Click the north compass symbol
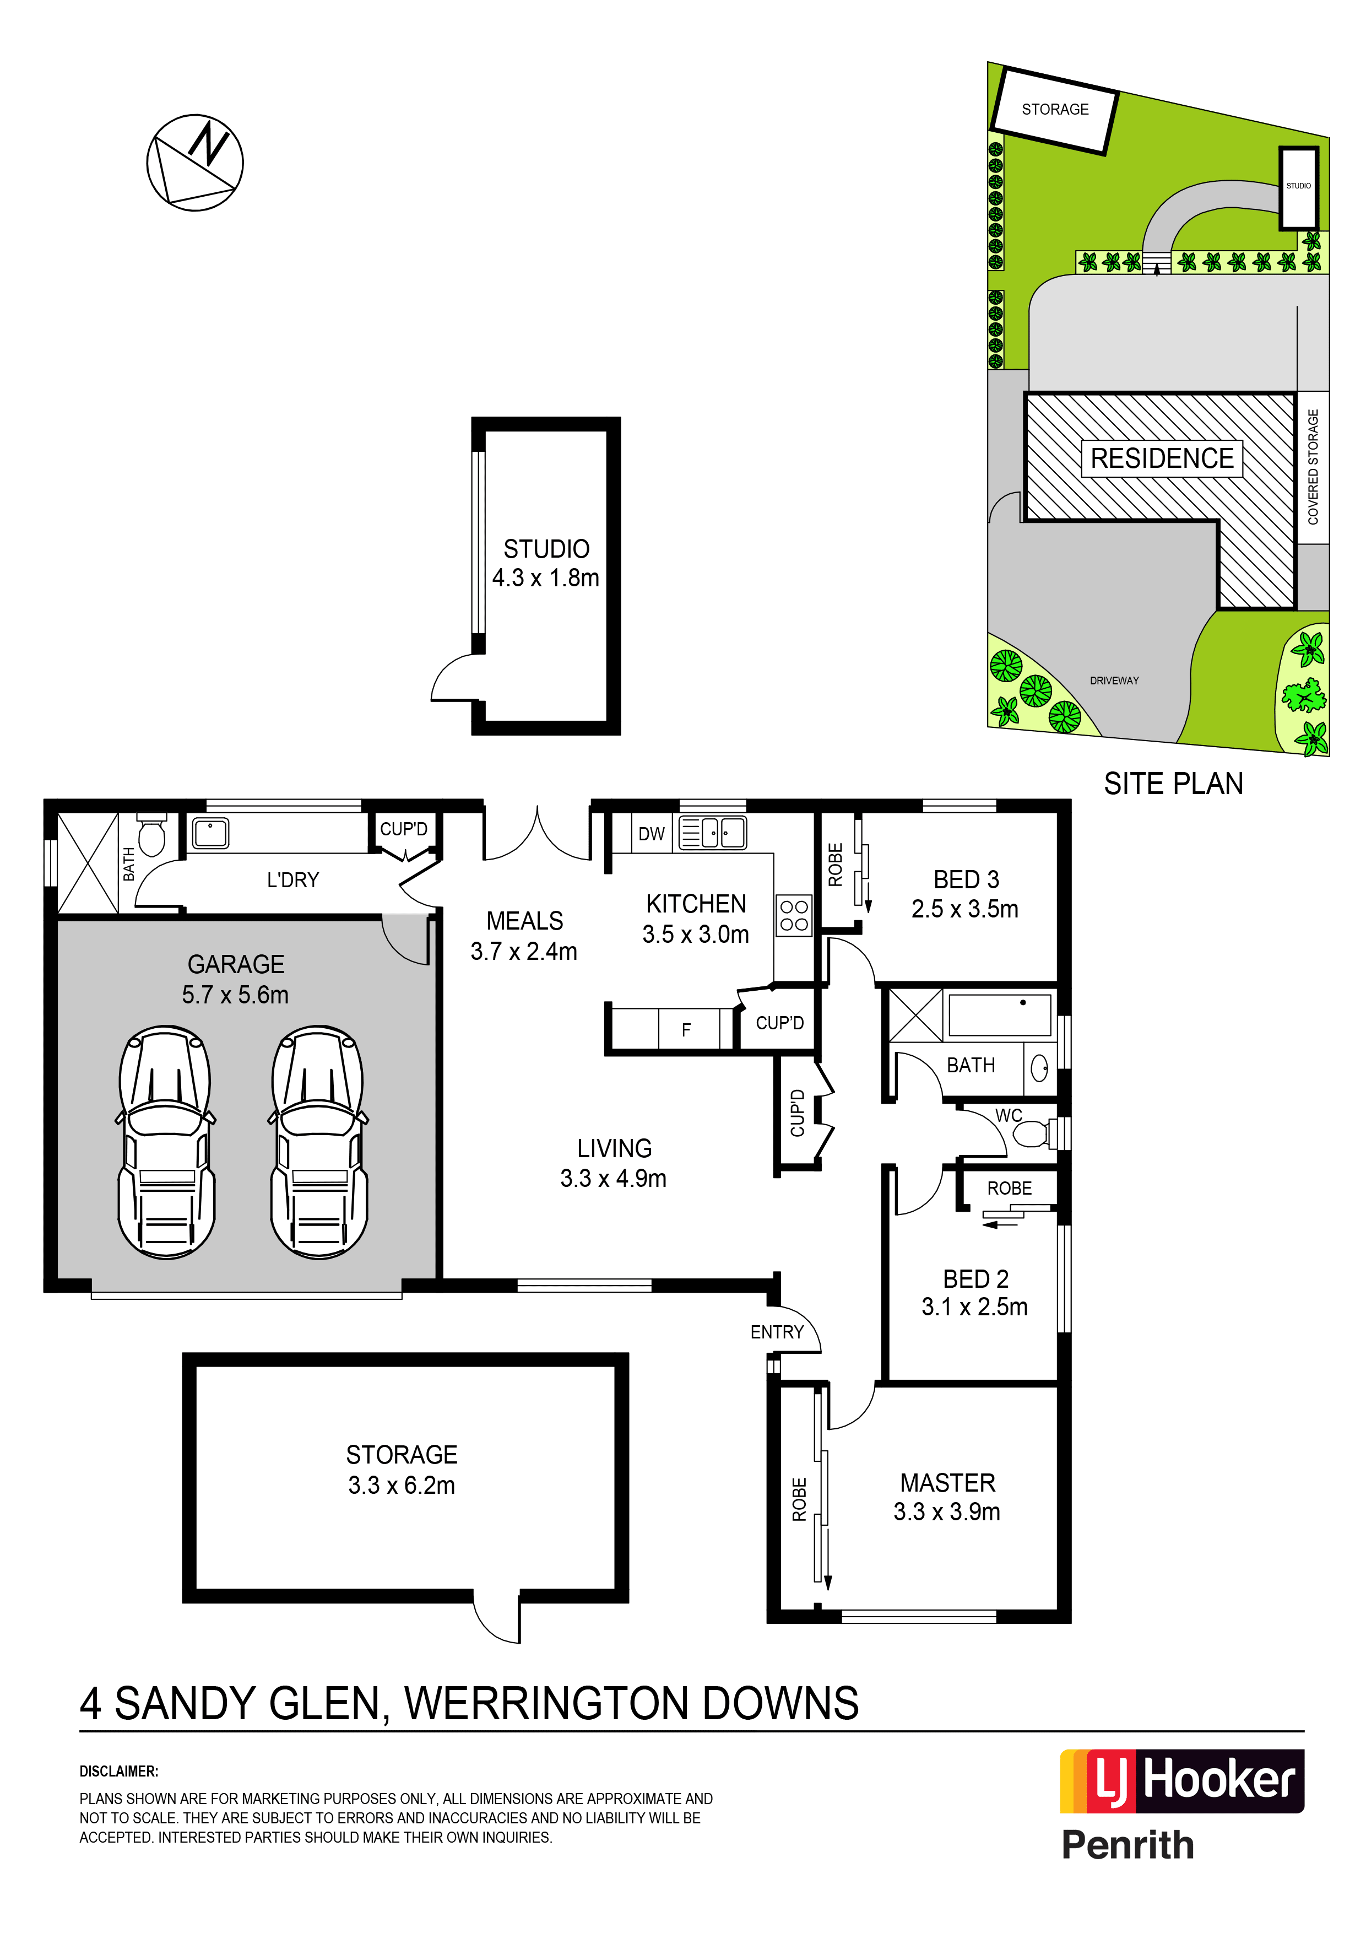(196, 163)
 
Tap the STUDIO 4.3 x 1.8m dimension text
(545, 577)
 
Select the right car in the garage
(319, 1142)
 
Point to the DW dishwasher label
(652, 834)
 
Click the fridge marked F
(686, 1029)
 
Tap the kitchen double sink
(712, 833)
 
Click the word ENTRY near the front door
(777, 1332)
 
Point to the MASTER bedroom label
(948, 1483)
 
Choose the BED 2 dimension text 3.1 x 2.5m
(974, 1306)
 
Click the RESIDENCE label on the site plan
(1162, 459)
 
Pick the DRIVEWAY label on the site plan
(1114, 681)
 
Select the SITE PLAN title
(1173, 784)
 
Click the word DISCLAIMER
(118, 1772)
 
